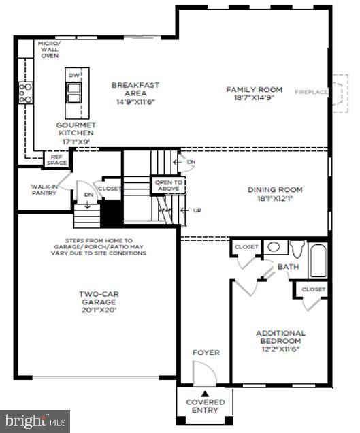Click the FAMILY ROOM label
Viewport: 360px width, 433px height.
coord(254,89)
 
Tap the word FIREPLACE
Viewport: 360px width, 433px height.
coord(311,91)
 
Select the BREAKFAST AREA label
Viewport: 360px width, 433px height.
coord(135,85)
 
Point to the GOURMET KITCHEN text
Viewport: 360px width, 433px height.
coord(76,129)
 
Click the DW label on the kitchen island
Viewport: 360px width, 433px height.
coord(74,75)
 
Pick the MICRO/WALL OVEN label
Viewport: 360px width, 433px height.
coord(50,50)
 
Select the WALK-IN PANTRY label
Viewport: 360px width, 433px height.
coord(44,189)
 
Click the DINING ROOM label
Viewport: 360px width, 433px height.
coord(275,190)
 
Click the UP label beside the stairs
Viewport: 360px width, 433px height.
coord(197,210)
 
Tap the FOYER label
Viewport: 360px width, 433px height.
coord(206,353)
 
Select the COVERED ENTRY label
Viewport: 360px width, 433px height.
coord(205,406)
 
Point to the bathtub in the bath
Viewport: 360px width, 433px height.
coord(318,260)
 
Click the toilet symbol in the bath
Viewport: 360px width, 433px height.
coord(297,249)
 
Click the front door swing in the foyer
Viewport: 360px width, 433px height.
coord(202,372)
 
